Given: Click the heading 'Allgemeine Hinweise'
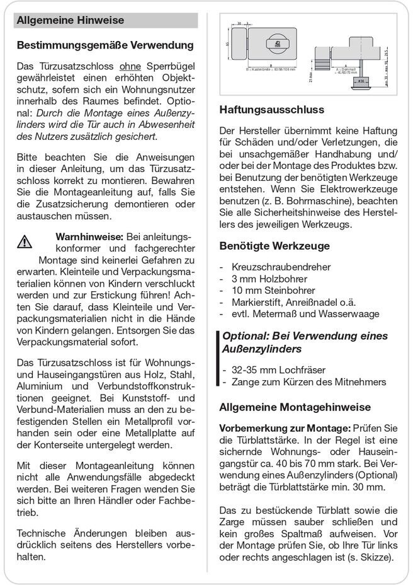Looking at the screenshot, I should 70,20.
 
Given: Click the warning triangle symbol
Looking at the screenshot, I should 25,240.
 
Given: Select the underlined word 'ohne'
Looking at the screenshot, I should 130,66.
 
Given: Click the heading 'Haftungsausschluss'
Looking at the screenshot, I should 271,110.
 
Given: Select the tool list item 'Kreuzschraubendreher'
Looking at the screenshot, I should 281,267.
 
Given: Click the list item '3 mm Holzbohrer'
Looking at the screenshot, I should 269,279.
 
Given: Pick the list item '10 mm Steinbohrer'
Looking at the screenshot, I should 273,291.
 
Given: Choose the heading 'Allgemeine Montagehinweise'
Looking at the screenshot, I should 295,407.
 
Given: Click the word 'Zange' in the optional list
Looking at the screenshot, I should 245,382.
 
